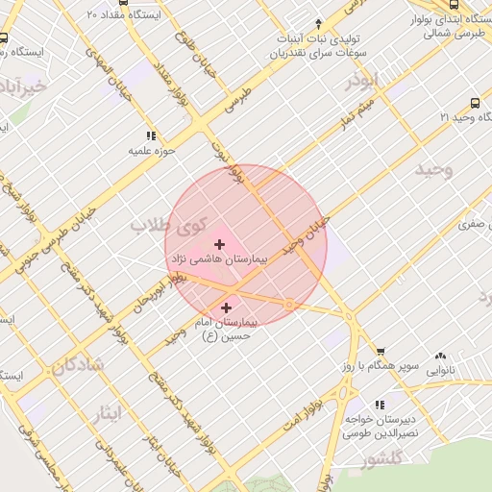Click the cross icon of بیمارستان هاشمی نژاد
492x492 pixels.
coord(220,244)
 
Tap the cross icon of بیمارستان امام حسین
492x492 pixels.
coord(227,307)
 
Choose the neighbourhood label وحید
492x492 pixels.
coord(432,170)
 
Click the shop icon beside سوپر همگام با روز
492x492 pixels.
coord(381,353)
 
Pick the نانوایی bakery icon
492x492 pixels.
coord(441,356)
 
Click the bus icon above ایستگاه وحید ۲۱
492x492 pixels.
coord(475,103)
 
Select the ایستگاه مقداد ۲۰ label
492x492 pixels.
coord(127,15)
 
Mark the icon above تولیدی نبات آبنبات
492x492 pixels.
coord(318,23)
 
